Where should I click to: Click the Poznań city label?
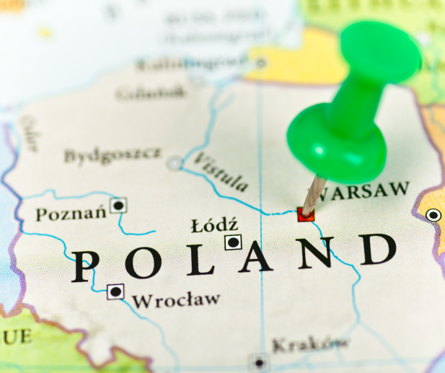[71, 213]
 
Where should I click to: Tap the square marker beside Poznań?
[118, 205]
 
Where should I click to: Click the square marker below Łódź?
[233, 242]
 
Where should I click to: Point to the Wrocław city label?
[176, 300]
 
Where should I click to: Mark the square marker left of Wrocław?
[115, 291]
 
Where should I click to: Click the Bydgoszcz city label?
[112, 155]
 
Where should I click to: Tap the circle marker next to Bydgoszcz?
[174, 163]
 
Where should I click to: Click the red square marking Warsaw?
[305, 215]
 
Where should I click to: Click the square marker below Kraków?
[258, 363]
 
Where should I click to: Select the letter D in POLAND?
[378, 250]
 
